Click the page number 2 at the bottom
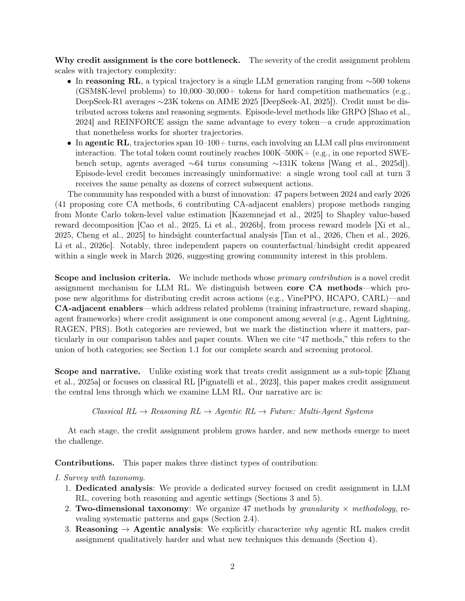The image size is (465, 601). (x=232, y=567)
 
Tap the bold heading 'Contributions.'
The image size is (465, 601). (x=85, y=463)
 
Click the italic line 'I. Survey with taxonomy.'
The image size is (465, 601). (x=100, y=478)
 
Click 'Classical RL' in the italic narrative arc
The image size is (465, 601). (x=114, y=411)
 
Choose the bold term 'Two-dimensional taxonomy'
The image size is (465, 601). (x=132, y=509)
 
